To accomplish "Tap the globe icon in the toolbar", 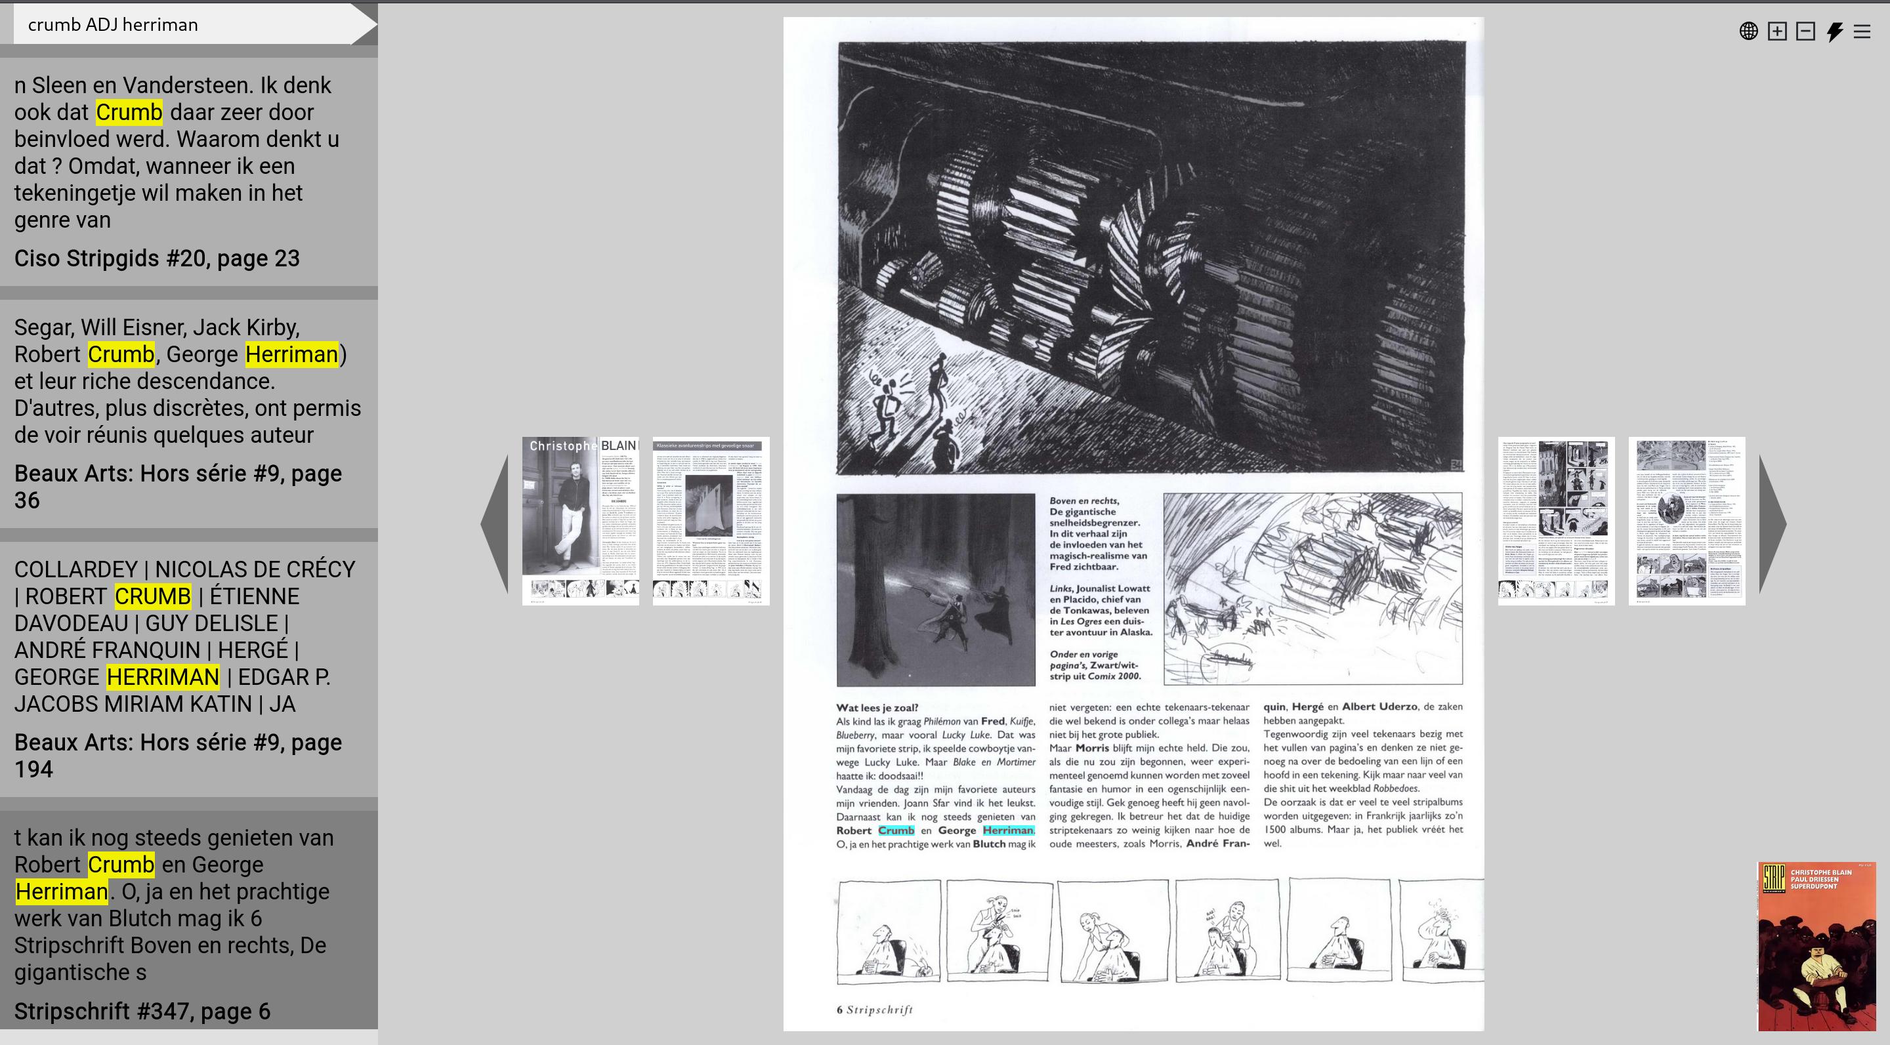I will coord(1748,31).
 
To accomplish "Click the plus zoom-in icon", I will coord(1777,31).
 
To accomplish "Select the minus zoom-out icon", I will coord(1805,31).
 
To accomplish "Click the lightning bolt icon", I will coord(1834,31).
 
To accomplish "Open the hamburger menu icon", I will coord(1862,31).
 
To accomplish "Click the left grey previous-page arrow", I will coord(495,523).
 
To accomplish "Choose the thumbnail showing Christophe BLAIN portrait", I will coord(580,521).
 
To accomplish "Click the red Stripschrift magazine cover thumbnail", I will coord(1816,946).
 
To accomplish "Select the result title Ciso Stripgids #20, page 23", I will coord(157,258).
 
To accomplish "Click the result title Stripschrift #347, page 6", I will coord(142,1012).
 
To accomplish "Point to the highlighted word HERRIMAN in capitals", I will coord(163,677).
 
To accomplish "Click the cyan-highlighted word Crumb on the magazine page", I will coord(896,830).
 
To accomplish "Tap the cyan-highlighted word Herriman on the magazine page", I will coord(1008,830).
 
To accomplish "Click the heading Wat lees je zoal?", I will coord(877,708).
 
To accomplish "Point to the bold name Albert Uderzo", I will coord(1380,707).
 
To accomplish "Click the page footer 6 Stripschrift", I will coord(875,1010).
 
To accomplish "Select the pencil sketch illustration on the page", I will coord(1312,588).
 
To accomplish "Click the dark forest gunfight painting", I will coord(935,590).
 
